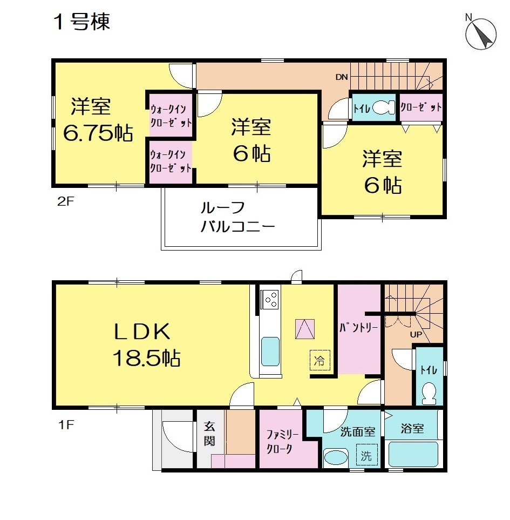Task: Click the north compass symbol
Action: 480,34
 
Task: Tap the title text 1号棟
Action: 81,22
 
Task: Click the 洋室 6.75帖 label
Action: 97,120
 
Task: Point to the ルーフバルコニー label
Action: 237,217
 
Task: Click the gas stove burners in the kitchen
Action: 270,299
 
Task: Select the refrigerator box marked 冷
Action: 320,360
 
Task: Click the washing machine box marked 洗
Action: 366,455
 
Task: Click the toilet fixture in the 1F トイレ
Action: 430,394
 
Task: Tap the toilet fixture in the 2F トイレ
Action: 384,107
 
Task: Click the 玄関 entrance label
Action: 209,434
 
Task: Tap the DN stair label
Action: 342,77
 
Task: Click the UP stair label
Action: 416,334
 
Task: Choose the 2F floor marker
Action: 65,201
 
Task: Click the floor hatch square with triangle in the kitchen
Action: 305,329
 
